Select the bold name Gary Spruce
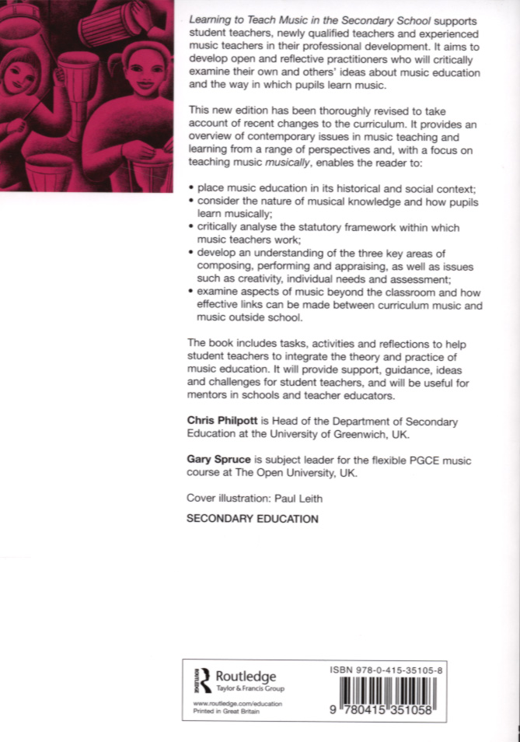pyautogui.click(x=219, y=460)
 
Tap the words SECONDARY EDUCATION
pyautogui.click(x=253, y=518)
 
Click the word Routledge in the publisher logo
pyautogui.click(x=245, y=676)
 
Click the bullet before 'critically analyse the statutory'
pyautogui.click(x=190, y=228)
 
